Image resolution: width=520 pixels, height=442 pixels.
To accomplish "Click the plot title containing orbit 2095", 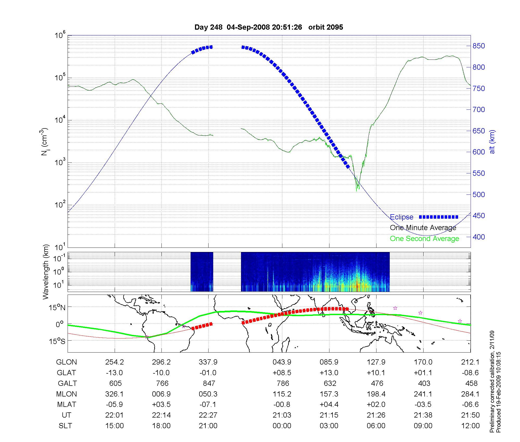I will (x=269, y=27).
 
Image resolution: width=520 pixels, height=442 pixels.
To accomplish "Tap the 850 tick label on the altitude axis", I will (x=479, y=46).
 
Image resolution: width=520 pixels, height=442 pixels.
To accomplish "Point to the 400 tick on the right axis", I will (x=479, y=237).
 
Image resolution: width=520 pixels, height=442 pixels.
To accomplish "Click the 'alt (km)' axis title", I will (x=492, y=142).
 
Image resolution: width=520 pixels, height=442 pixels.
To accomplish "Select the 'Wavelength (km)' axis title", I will (x=46, y=272).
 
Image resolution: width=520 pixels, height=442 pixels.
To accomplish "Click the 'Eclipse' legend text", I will (x=401, y=217).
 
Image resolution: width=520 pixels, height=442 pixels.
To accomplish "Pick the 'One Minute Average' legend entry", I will (x=423, y=228).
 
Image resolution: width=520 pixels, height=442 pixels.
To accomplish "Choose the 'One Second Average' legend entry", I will (x=424, y=239).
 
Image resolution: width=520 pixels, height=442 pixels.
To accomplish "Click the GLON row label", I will (x=66, y=362).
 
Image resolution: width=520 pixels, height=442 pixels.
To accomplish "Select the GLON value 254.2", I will (x=114, y=362).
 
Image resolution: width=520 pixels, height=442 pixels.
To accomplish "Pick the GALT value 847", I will (x=209, y=383).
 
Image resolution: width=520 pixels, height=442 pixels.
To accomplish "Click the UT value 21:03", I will (x=282, y=415).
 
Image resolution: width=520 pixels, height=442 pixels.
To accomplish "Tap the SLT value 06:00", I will (x=376, y=426).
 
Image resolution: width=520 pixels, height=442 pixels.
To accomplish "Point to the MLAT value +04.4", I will (x=329, y=405).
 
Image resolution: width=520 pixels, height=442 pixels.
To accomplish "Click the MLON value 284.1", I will (x=470, y=394).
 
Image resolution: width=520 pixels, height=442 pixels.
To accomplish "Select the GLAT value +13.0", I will (x=329, y=373).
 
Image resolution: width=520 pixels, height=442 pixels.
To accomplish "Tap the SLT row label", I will (x=65, y=426).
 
